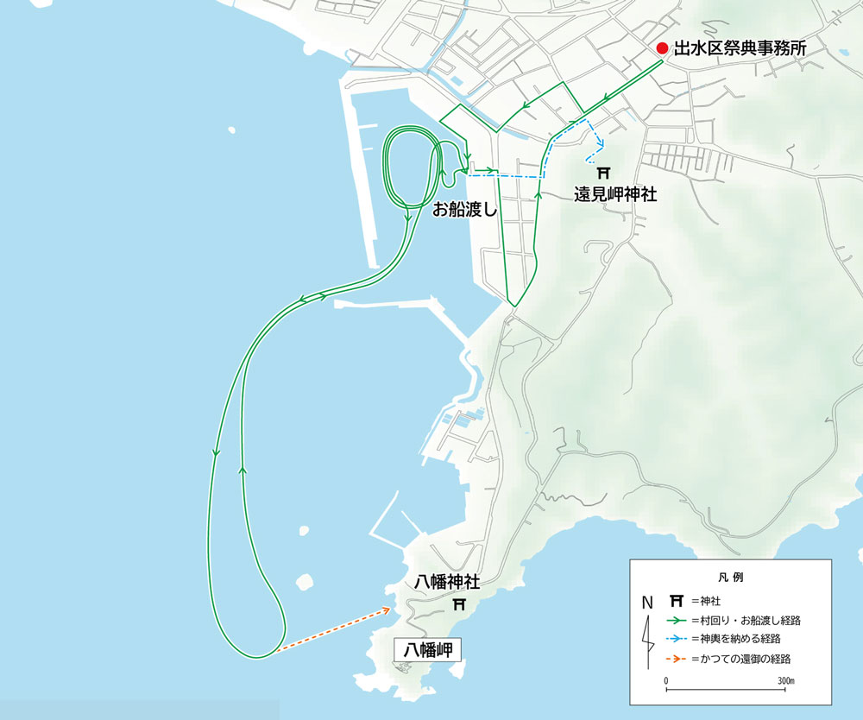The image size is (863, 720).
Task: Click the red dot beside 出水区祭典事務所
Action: tap(662, 48)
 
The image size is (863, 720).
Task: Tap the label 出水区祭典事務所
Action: tap(740, 49)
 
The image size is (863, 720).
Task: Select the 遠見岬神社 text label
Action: tap(615, 195)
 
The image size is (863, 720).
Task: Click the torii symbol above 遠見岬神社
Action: tap(604, 173)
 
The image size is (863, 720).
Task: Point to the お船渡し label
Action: tap(465, 208)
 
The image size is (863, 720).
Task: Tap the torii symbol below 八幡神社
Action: tap(460, 603)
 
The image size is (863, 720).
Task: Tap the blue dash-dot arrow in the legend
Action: tap(677, 639)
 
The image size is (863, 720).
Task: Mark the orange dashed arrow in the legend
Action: tap(677, 659)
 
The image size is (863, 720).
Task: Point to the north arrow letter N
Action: tap(647, 601)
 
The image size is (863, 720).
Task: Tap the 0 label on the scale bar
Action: tap(666, 681)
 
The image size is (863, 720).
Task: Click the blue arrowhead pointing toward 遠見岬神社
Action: tap(599, 147)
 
